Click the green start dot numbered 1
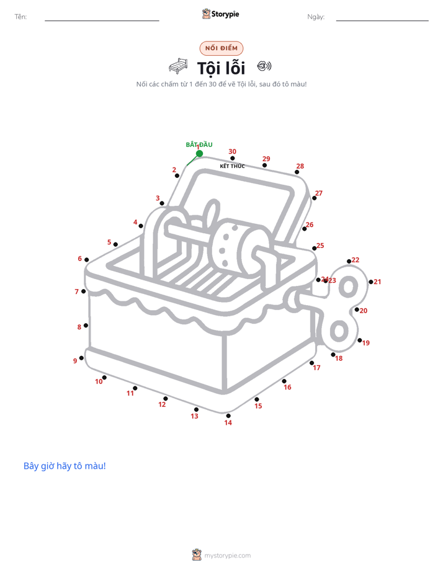pyautogui.click(x=199, y=154)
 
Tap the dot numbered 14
pyautogui.click(x=228, y=415)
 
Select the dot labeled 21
pyautogui.click(x=370, y=282)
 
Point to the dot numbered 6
pyautogui.click(x=87, y=260)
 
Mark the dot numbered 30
pyautogui.click(x=233, y=158)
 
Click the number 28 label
pyautogui.click(x=300, y=166)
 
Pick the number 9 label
pyautogui.click(x=75, y=361)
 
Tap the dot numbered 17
pyautogui.click(x=312, y=363)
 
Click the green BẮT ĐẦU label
pyautogui.click(x=199, y=144)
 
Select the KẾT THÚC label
pyautogui.click(x=232, y=166)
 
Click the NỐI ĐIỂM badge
pyautogui.click(x=221, y=48)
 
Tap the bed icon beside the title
pyautogui.click(x=178, y=66)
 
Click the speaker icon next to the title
pyautogui.click(x=264, y=66)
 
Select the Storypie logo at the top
pyautogui.click(x=221, y=14)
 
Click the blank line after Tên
pyautogui.click(x=102, y=20)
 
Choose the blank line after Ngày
pyautogui.click(x=382, y=20)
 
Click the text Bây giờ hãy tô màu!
pyautogui.click(x=65, y=466)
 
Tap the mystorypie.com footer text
pyautogui.click(x=227, y=556)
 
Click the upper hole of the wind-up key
pyautogui.click(x=348, y=287)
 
